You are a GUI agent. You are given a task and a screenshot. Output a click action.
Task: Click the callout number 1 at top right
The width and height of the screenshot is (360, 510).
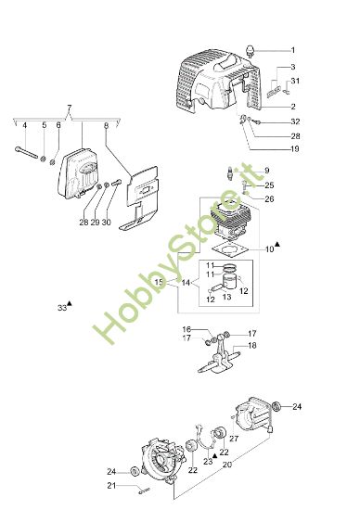[292, 49]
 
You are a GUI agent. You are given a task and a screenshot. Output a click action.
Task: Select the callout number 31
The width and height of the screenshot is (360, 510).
[295, 83]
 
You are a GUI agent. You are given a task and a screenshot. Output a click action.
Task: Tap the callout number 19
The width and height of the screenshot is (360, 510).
[294, 148]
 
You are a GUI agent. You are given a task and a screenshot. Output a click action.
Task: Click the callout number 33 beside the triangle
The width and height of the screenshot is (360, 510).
[61, 307]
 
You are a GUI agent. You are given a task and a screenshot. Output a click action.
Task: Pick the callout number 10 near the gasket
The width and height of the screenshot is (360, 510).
[270, 249]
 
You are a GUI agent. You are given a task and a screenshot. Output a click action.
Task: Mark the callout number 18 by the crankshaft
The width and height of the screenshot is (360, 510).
[251, 345]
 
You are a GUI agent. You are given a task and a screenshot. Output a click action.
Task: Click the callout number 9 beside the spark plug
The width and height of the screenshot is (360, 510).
[265, 170]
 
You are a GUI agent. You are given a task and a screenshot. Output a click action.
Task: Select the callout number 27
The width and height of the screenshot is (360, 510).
[234, 439]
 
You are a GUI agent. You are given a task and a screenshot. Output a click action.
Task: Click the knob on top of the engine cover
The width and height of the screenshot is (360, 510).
[252, 47]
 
